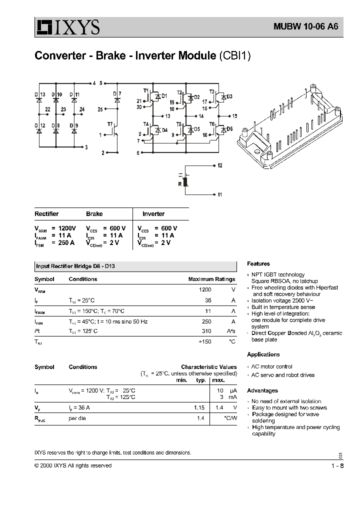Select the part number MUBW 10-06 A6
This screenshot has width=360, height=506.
point(301,28)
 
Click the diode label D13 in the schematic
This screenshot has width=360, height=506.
point(40,94)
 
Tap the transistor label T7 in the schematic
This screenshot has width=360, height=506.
point(110,123)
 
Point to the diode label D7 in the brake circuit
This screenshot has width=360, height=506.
point(116,94)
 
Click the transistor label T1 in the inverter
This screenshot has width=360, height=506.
point(146,90)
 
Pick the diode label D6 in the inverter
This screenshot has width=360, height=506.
point(229,129)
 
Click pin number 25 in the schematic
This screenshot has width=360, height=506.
point(100,108)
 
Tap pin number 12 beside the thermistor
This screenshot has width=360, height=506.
point(220,165)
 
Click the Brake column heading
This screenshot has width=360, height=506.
point(94,213)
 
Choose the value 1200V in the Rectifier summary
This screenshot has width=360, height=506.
point(64,228)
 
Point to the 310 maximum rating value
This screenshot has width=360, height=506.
point(205,331)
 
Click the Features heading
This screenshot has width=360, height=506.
point(258,263)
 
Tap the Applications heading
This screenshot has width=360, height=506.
point(263,354)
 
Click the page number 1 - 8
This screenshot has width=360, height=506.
point(337,465)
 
